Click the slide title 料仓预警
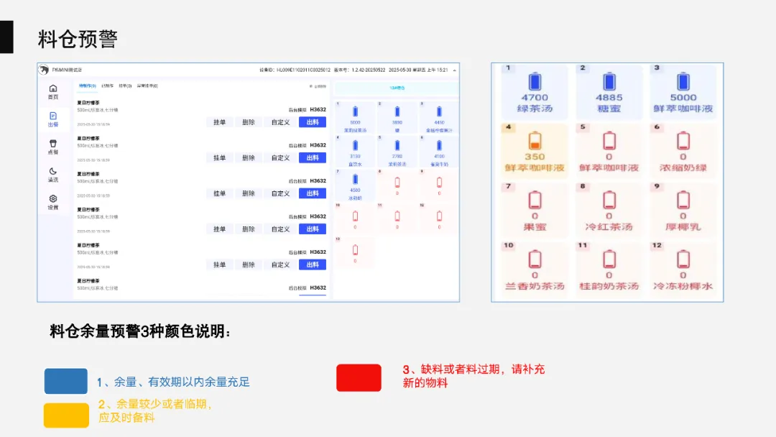point(78,39)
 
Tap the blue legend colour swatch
point(66,381)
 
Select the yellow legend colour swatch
point(66,415)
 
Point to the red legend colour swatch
point(359,377)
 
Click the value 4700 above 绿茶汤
point(534,98)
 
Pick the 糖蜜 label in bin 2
point(609,109)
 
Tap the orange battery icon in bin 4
point(534,139)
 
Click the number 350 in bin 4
point(534,157)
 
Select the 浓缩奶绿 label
point(683,168)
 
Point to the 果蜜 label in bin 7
point(534,227)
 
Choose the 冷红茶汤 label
point(609,227)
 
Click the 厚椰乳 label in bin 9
point(683,227)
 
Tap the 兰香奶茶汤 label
point(534,286)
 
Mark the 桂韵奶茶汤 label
point(609,286)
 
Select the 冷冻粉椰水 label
point(683,286)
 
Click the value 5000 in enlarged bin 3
point(683,98)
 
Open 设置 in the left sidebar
point(53,202)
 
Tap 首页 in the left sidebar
point(53,91)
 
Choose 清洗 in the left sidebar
point(53,175)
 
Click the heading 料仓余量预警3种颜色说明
point(141,332)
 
